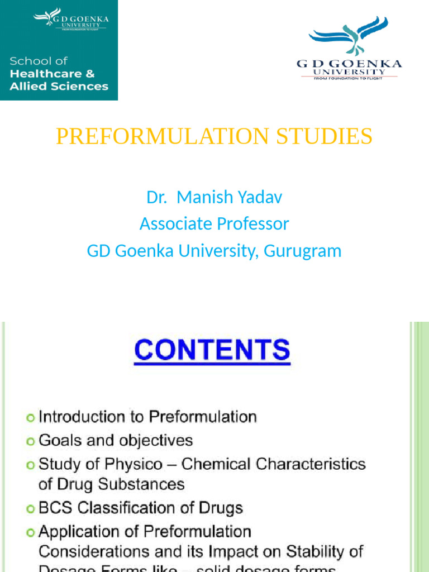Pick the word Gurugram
tap(302, 251)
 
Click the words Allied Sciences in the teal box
tap(59, 86)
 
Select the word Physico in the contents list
tap(140, 464)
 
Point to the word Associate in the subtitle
tap(175, 224)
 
